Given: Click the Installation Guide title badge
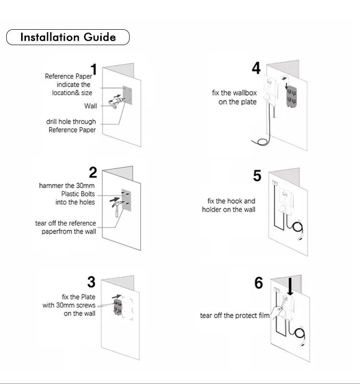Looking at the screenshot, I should [68, 37].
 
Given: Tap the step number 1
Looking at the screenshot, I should [94, 70].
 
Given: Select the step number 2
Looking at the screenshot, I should [93, 172].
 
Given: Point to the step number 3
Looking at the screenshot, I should [91, 282].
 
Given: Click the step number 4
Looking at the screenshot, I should [256, 69].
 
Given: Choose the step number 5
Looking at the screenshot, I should [257, 176].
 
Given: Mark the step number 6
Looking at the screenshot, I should [259, 283].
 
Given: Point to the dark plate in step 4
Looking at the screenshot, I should [291, 95].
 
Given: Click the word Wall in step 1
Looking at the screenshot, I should [90, 106].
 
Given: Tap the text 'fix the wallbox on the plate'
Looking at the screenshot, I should [234, 97].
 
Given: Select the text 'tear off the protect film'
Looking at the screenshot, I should [235, 315].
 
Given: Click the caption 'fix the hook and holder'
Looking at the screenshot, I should [228, 205].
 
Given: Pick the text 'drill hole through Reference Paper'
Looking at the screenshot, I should [71, 126].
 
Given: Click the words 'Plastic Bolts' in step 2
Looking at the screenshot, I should [78, 194].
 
